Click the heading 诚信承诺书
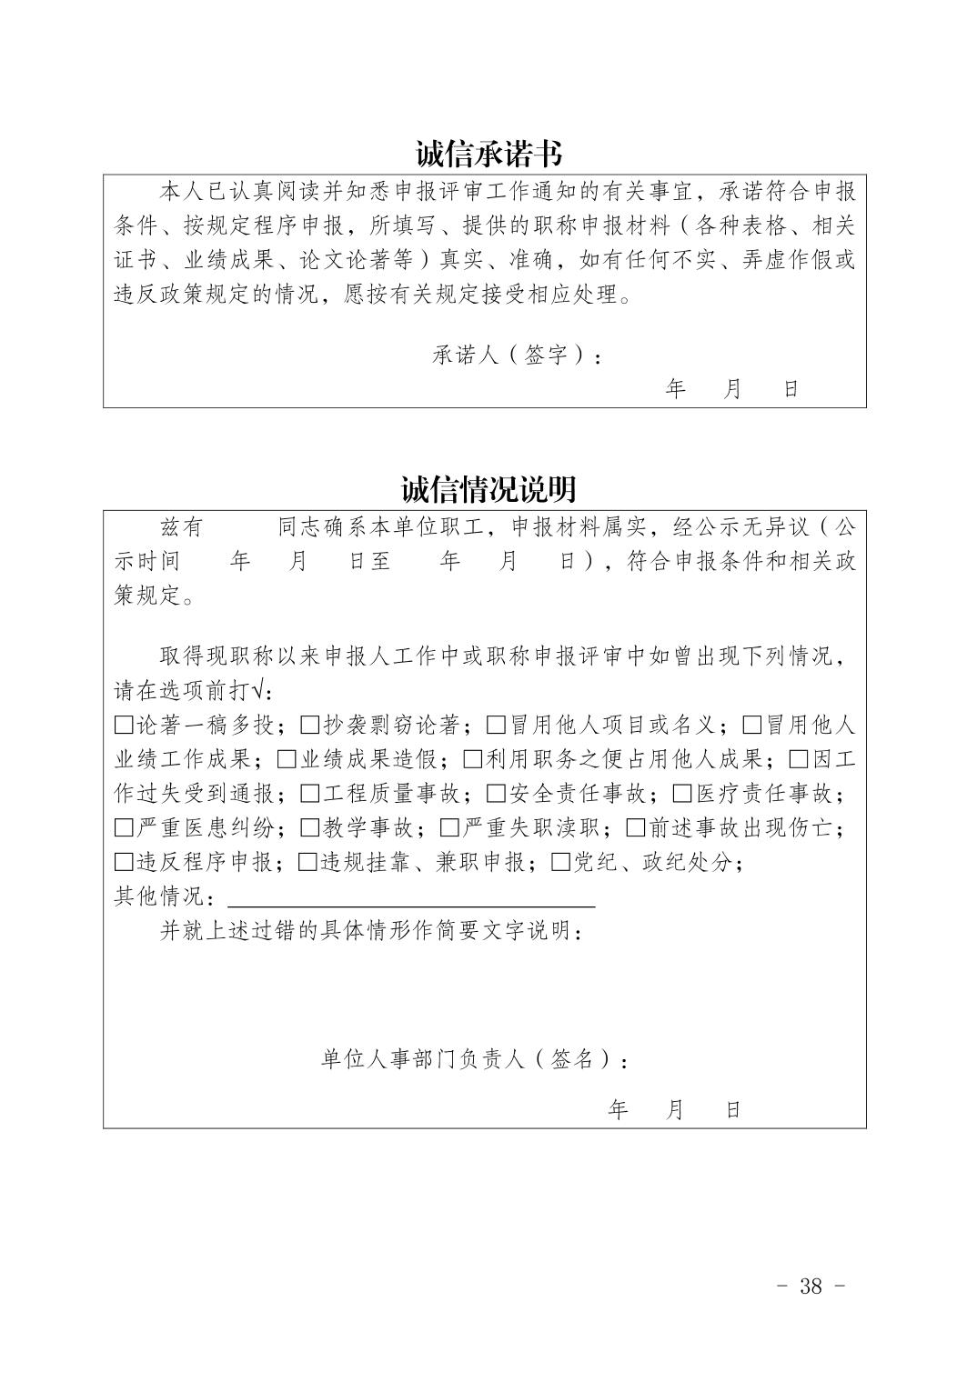pos(488,154)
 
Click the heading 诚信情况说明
pos(488,489)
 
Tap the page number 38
pos(811,1285)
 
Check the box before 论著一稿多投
pos(124,726)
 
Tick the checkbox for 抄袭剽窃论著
pos(310,726)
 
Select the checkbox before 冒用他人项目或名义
pos(496,726)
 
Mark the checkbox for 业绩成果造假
pos(287,760)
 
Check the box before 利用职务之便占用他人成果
pos(473,760)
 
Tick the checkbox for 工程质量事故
pos(310,795)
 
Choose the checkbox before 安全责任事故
pos(496,795)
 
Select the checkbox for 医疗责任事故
pos(682,795)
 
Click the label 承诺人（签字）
pos(515,356)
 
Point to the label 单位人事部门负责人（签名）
pos(473,1059)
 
